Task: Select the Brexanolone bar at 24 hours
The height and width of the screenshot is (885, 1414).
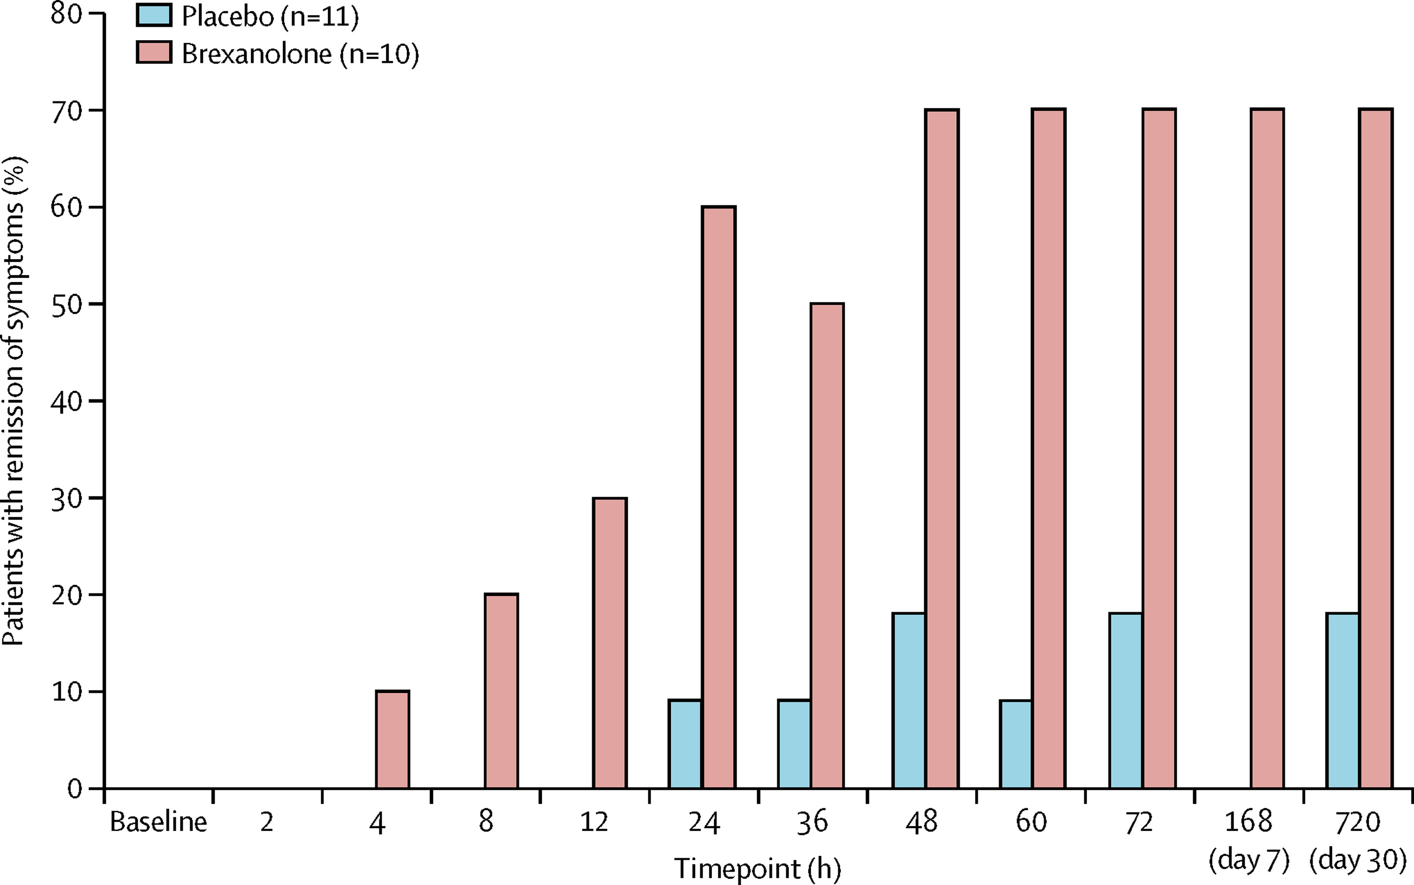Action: pyautogui.click(x=718, y=497)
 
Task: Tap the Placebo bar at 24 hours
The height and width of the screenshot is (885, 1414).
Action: pyautogui.click(x=685, y=744)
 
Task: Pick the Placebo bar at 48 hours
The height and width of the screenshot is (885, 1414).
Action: pyautogui.click(x=909, y=701)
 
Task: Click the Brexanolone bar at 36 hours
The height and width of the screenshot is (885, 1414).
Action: pyautogui.click(x=827, y=545)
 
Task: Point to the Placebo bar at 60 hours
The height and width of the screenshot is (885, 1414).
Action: pyautogui.click(x=1016, y=744)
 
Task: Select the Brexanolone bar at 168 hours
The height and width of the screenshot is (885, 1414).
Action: pyautogui.click(x=1267, y=448)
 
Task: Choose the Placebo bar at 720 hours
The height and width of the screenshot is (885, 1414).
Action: pyautogui.click(x=1343, y=701)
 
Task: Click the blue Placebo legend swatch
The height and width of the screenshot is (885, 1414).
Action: pyautogui.click(x=154, y=15)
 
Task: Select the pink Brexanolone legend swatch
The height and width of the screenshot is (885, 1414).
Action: pyautogui.click(x=154, y=52)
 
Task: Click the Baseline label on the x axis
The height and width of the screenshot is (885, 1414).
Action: pyautogui.click(x=158, y=822)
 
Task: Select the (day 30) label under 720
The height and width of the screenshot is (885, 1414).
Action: pyautogui.click(x=1358, y=859)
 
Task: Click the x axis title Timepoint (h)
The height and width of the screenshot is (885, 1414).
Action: pyautogui.click(x=757, y=868)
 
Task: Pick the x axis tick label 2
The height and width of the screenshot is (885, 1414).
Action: pyautogui.click(x=267, y=822)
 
